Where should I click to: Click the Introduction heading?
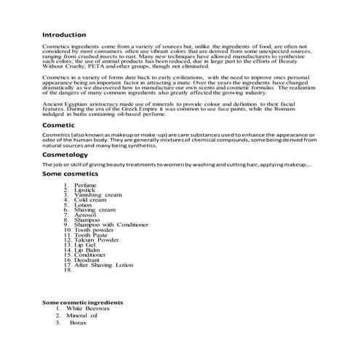tap(65, 34)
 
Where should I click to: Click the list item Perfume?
tap(85, 185)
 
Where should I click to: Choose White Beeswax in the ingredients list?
tap(91, 308)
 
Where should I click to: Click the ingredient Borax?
tap(78, 323)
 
